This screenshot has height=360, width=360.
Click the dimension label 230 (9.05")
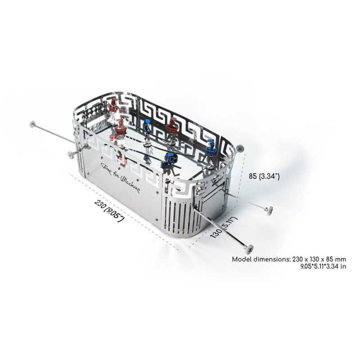click(x=109, y=211)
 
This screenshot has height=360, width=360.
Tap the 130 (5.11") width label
click(x=223, y=227)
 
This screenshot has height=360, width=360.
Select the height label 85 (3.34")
click(x=264, y=176)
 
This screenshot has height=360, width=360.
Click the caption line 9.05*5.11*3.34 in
click(x=323, y=266)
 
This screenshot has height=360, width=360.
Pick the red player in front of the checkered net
click(x=113, y=106)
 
